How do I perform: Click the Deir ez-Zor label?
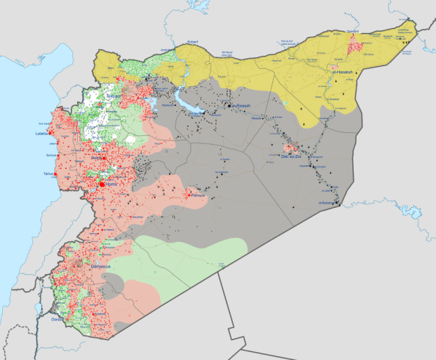point(292,156)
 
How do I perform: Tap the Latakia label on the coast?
point(40,134)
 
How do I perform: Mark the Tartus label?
point(48,173)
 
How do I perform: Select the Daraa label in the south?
point(57,320)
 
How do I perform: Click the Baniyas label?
point(51,156)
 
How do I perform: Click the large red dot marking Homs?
point(102,184)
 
